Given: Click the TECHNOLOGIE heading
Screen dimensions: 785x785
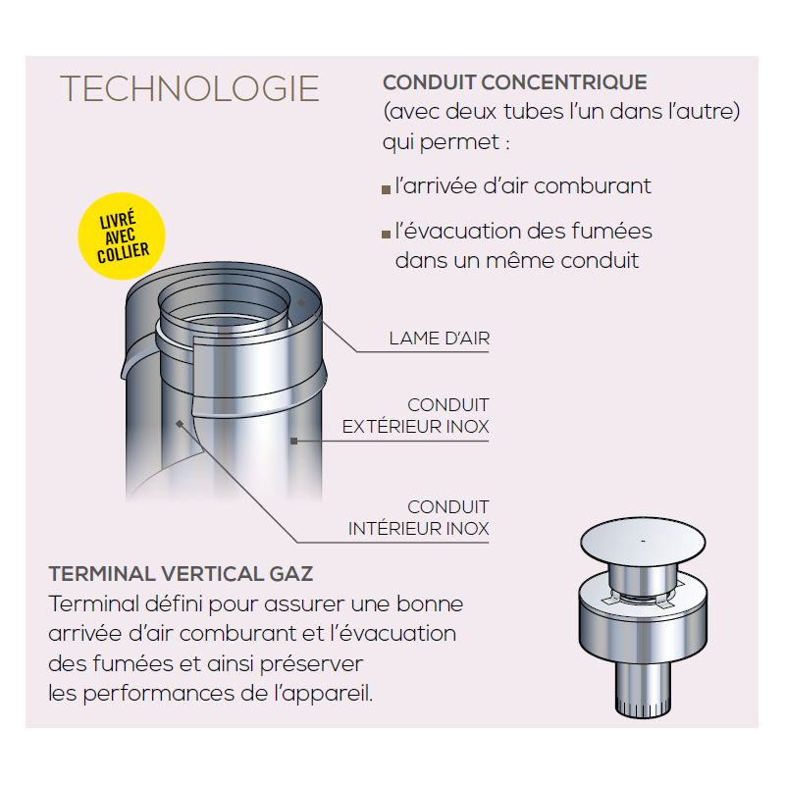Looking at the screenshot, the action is pos(189,88).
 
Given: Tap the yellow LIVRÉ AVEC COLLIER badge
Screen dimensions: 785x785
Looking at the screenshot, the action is pos(122,235).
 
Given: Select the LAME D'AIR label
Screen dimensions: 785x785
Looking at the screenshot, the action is pos(440,339).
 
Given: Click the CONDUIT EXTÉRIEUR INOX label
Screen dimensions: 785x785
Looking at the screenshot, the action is pos(416,415).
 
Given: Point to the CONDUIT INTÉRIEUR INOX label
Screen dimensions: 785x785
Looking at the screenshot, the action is pos(419,518).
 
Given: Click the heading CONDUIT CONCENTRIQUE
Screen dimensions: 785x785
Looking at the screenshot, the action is pos(515,82).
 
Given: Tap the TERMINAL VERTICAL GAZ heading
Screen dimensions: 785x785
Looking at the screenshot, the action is pos(181,574).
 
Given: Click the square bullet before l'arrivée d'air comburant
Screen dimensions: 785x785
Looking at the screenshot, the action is pos(386,189).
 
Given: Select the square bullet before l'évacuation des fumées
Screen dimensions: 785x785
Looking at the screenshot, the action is pos(386,235).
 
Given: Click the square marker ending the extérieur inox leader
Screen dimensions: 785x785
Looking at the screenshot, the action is pos(293,441).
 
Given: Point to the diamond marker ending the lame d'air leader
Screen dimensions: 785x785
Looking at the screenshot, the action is pos(301,302).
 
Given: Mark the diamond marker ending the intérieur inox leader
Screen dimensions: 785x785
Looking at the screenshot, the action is pos(180,425).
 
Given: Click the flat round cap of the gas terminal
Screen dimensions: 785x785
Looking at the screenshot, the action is pos(643,542).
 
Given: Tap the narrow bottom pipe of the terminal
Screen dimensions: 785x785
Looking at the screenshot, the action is pos(643,690).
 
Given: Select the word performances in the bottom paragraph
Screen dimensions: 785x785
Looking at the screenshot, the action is pos(159,695).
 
